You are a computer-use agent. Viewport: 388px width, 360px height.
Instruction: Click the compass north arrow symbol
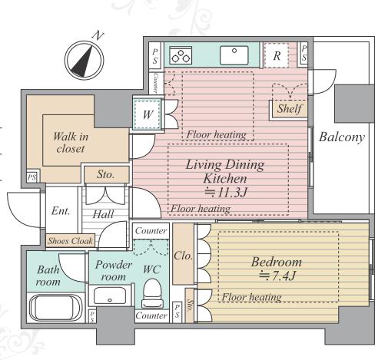click(84, 61)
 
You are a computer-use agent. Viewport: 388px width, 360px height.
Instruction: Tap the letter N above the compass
click(98, 36)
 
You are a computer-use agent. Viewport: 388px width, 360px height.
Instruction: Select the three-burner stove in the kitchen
click(181, 55)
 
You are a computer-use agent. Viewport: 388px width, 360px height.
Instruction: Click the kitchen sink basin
click(234, 55)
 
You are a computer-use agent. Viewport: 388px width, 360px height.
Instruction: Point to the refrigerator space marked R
click(277, 55)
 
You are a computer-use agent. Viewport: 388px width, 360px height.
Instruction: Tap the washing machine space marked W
click(148, 114)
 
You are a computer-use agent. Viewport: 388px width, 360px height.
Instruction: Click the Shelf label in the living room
click(289, 108)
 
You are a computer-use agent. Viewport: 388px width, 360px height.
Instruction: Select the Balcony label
click(342, 137)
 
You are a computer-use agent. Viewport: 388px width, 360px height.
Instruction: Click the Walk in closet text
click(71, 143)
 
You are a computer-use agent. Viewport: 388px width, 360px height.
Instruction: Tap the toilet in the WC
click(152, 293)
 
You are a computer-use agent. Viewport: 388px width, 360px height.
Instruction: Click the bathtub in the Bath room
click(55, 308)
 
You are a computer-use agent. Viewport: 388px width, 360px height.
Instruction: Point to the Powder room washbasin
click(110, 296)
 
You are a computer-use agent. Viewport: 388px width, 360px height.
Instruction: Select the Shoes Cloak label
click(71, 241)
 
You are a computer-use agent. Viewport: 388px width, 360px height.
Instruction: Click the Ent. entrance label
click(61, 211)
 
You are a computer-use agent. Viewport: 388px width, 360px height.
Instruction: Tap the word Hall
click(103, 214)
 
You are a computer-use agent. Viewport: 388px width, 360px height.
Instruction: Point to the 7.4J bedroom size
click(277, 276)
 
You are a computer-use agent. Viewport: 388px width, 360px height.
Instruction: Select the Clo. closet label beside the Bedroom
click(183, 256)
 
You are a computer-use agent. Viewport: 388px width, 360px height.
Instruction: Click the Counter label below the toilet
click(151, 315)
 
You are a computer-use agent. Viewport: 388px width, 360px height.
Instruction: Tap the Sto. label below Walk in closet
click(105, 174)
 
